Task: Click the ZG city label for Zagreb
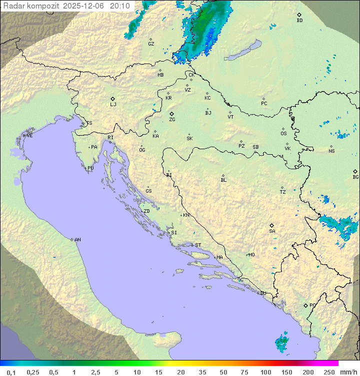pos(172,120)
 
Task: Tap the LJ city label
pos(113,105)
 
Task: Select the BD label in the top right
pos(299,21)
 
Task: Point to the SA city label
pos(272,231)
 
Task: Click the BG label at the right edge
pos(355,177)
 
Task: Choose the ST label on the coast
pos(198,245)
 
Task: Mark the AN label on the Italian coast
pos(77,240)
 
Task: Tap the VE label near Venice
pos(29,136)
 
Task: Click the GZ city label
pos(151,44)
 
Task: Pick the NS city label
pos(331,151)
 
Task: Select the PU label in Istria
pos(90,168)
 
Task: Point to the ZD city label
pos(146,211)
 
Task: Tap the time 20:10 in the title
pos(119,6)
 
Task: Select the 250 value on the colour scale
pos(328,372)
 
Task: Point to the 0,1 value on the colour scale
pos(11,372)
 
